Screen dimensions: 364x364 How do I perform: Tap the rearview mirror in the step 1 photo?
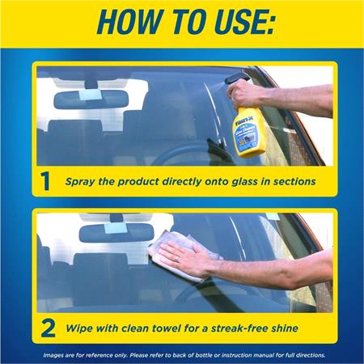[x=91, y=99]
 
